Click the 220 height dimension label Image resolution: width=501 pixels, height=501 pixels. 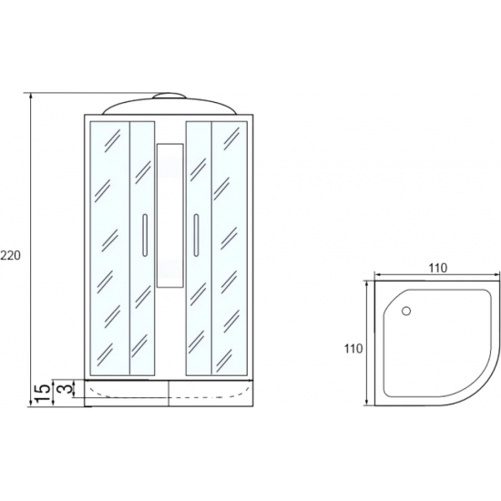pyautogui.click(x=10, y=255)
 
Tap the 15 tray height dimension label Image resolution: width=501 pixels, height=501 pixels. pyautogui.click(x=43, y=394)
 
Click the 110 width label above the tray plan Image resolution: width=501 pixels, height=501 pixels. pyautogui.click(x=438, y=268)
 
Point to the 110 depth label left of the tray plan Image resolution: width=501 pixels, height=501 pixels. pyautogui.click(x=353, y=349)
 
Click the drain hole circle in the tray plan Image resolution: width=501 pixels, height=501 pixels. pyautogui.click(x=406, y=311)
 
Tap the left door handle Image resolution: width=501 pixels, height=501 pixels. pyautogui.click(x=145, y=235)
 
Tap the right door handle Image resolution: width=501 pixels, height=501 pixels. pyautogui.click(x=196, y=235)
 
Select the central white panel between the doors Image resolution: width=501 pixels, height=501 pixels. pyautogui.click(x=170, y=216)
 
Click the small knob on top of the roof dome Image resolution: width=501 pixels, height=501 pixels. pyautogui.click(x=169, y=96)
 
